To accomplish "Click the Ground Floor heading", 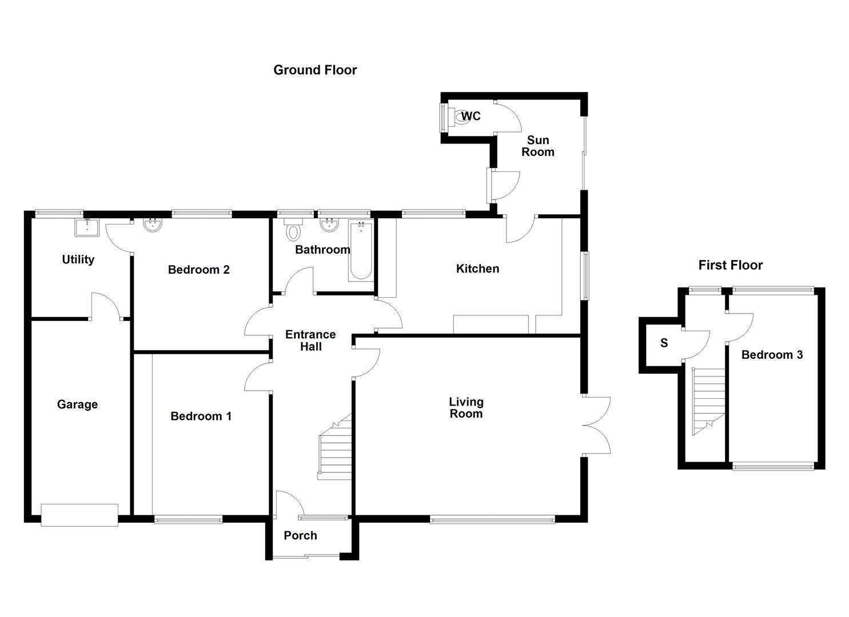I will (315, 70).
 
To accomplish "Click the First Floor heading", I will (730, 265).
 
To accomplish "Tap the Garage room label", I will (77, 404).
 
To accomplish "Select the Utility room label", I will (78, 259).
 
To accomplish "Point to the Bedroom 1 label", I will (201, 416).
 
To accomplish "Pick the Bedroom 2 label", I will (198, 270).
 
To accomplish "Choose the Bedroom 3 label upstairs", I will (772, 355).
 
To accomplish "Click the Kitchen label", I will (477, 269).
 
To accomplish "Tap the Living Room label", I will (466, 408).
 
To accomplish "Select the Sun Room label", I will (537, 146).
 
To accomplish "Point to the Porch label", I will (300, 535).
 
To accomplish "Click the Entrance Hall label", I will (310, 340).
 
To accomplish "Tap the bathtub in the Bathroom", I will (360, 251).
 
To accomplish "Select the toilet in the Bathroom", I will (294, 231).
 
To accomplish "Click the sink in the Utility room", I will (87, 227).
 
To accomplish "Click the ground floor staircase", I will (334, 448).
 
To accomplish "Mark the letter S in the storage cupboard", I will (664, 343).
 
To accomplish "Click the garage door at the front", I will (79, 515).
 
